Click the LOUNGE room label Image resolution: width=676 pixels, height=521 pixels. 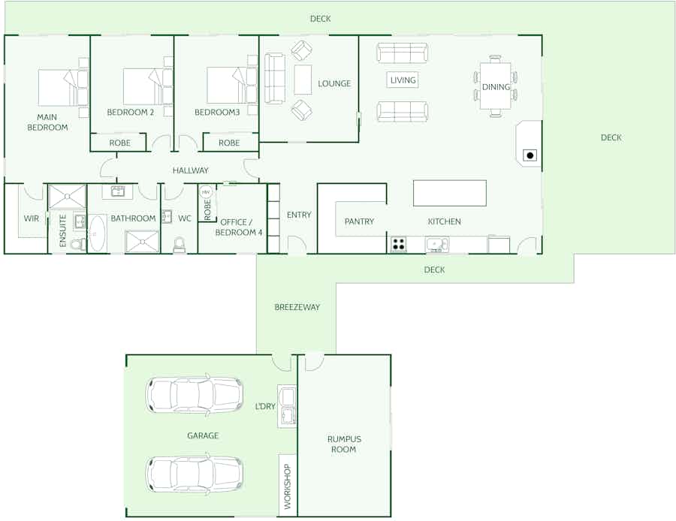click(334, 83)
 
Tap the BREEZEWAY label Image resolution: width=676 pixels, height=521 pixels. click(297, 307)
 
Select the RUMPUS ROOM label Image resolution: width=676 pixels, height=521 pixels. click(343, 444)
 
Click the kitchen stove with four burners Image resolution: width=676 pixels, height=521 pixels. click(398, 244)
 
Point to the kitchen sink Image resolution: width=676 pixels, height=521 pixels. click(436, 244)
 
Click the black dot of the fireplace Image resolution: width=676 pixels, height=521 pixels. click(530, 155)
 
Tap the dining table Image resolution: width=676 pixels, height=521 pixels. click(496, 86)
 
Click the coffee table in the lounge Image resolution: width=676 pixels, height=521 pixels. click(303, 80)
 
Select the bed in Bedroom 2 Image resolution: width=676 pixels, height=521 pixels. click(148, 86)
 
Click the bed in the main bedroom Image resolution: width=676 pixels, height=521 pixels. click(63, 88)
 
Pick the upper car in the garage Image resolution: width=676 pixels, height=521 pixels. click(195, 395)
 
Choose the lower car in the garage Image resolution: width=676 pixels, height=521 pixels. click(195, 474)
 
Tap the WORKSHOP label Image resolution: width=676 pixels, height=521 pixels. click(288, 486)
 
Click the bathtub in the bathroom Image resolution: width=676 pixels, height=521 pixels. click(98, 233)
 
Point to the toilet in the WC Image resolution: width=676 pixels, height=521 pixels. click(180, 245)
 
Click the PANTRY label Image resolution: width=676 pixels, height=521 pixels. click(359, 221)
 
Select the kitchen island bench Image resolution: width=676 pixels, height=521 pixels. click(450, 194)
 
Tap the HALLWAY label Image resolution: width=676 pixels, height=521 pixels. click(191, 170)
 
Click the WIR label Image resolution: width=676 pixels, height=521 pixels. click(31, 218)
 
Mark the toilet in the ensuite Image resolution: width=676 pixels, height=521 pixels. click(78, 245)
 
